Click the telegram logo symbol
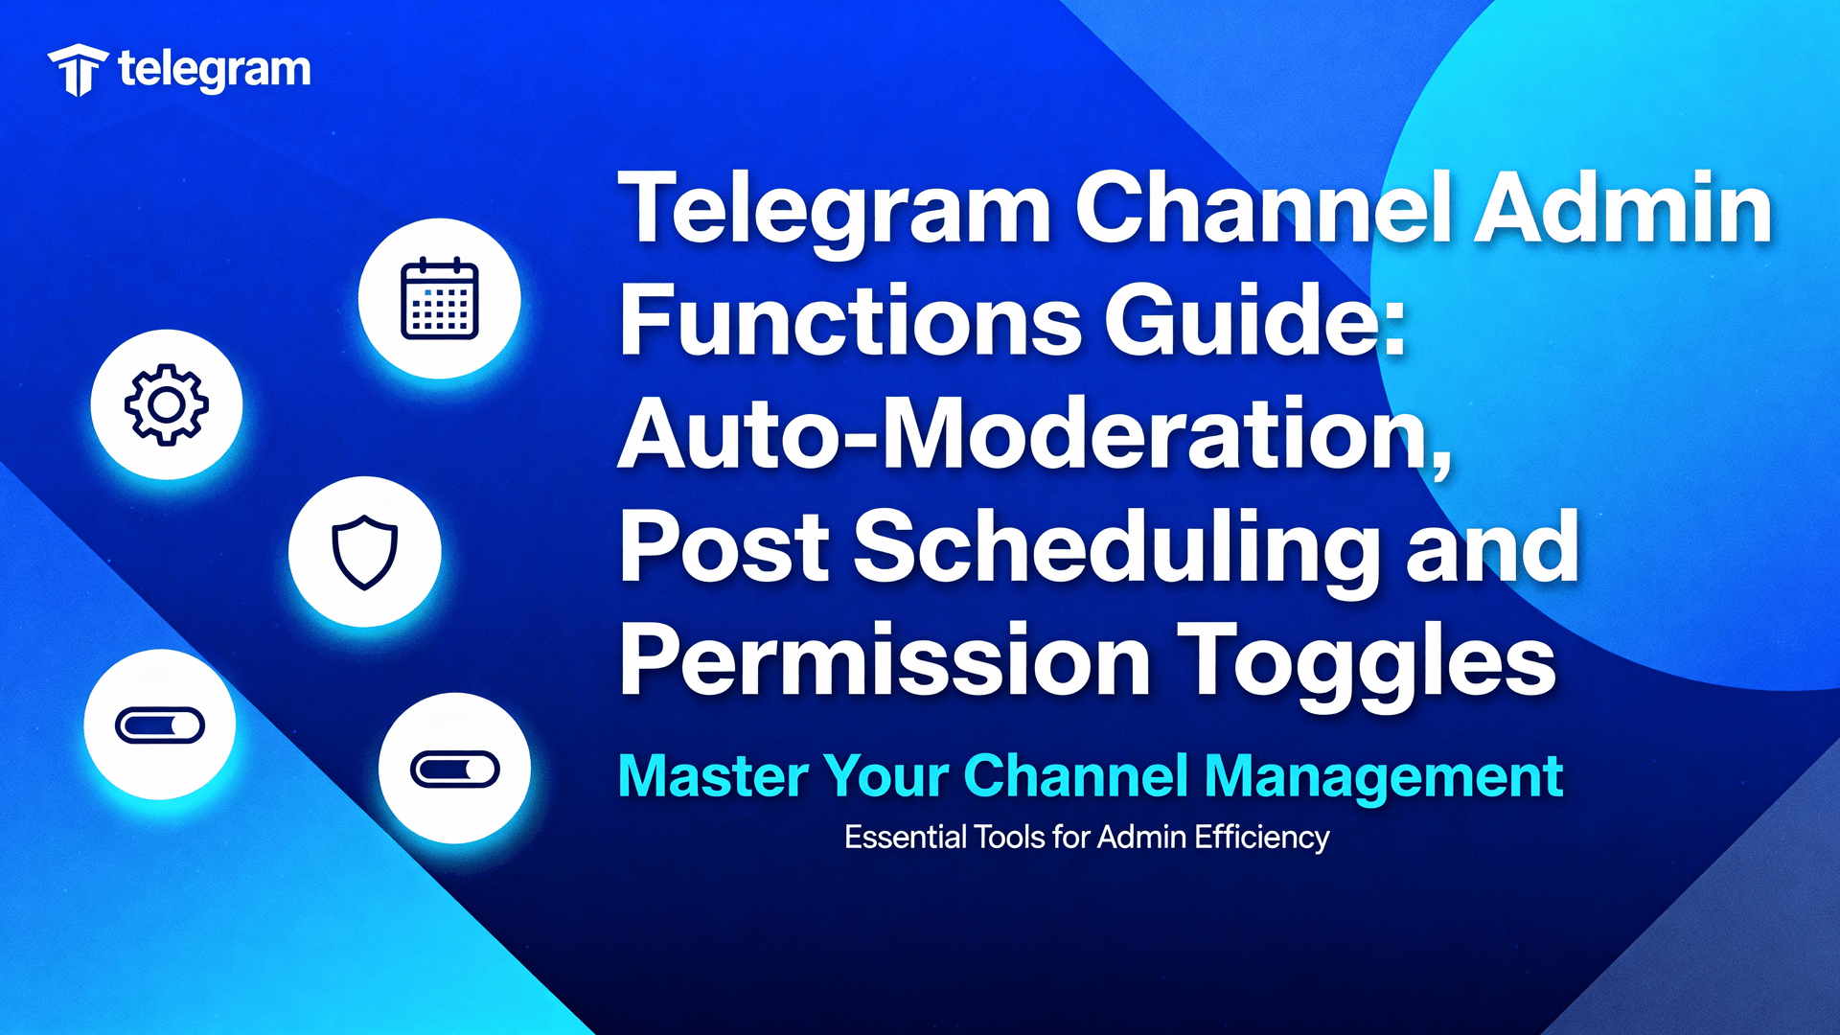78,70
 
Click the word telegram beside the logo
215,70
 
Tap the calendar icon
439,298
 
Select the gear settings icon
167,404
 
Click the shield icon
364,552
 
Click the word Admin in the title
1621,208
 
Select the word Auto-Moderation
1033,435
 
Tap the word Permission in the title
885,661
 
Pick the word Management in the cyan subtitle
1384,775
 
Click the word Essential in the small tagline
905,837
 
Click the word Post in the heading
724,548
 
